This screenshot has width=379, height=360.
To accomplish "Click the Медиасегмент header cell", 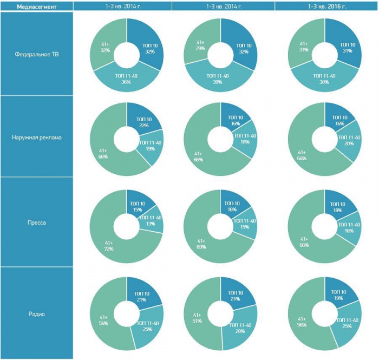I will coord(36,5).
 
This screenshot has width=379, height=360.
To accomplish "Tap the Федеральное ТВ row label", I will coord(36,54).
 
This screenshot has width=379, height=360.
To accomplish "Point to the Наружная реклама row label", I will coord(36,138).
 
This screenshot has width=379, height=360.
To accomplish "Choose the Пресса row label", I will coord(36,221).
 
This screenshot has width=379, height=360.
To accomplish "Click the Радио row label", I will coord(36,313).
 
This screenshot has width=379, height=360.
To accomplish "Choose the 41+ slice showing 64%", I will coord(300,154).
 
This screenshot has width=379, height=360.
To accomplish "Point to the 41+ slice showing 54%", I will coord(103,319).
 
